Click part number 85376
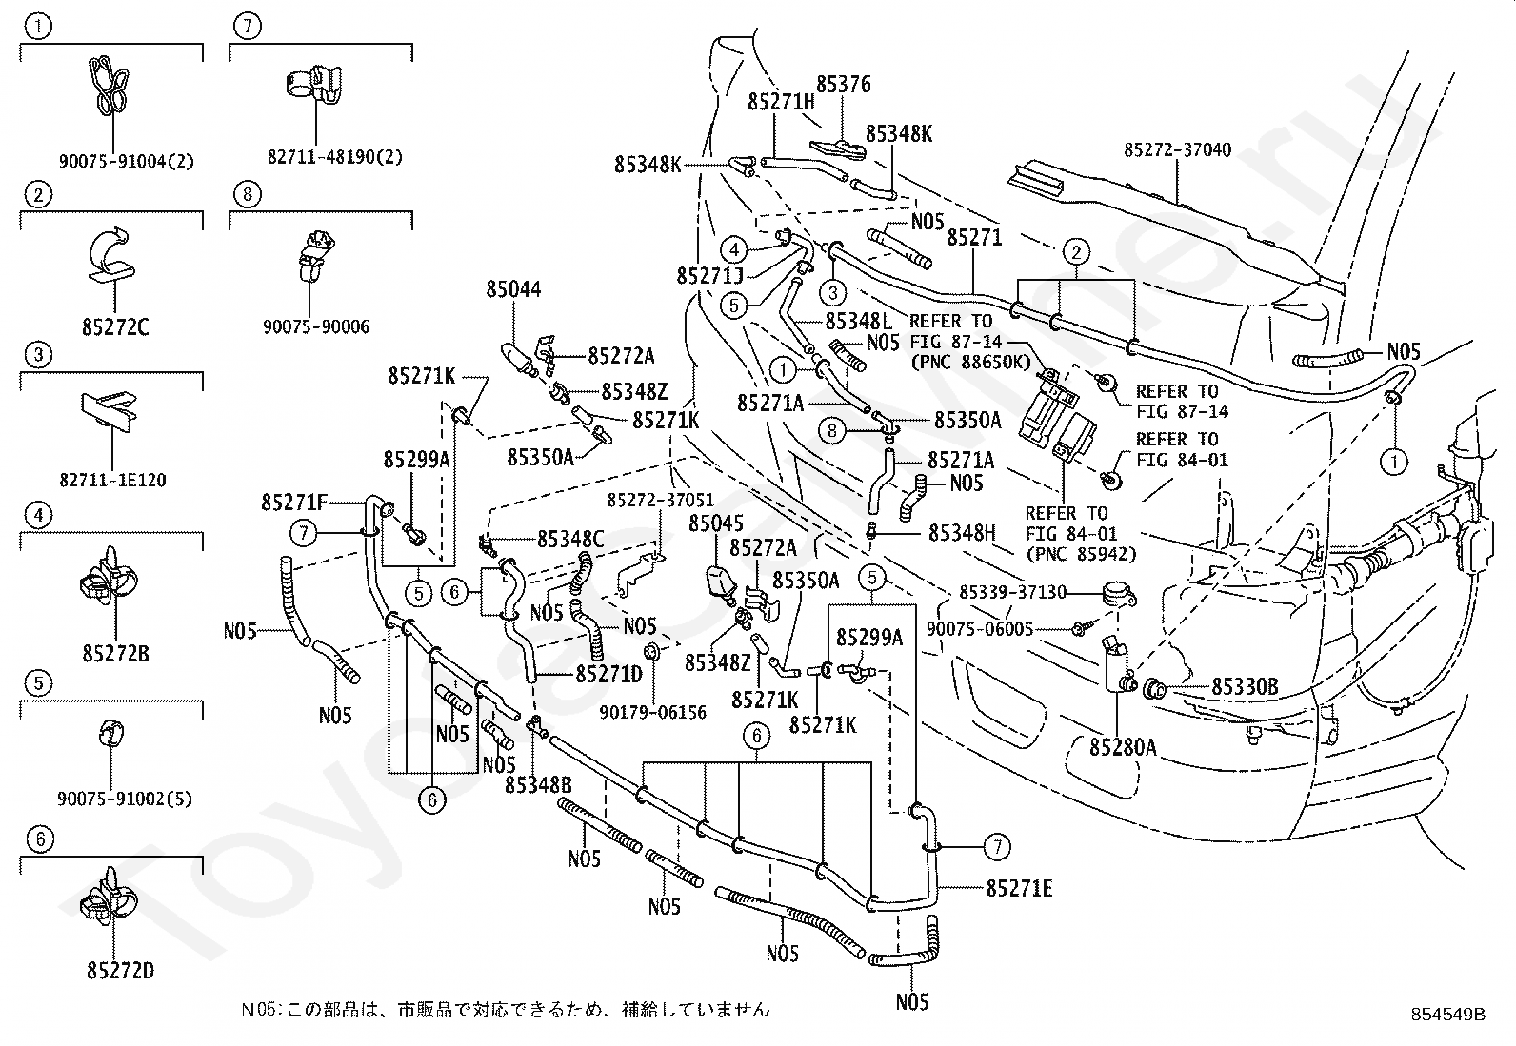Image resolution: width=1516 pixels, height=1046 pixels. tap(844, 85)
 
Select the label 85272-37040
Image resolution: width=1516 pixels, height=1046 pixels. tap(1178, 149)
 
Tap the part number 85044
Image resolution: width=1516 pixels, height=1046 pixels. tap(513, 289)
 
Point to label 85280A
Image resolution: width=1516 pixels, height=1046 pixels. tap(1123, 748)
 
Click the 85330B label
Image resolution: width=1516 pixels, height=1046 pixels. tap(1245, 687)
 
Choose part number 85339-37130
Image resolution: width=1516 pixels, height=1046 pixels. tap(1012, 593)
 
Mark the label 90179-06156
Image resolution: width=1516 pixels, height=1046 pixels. tap(652, 713)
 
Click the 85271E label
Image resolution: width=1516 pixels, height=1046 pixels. tap(1019, 888)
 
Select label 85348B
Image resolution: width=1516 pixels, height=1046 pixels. tap(539, 785)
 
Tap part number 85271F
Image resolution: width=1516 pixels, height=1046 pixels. tap(294, 503)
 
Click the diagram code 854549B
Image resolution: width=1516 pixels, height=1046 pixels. tap(1448, 1015)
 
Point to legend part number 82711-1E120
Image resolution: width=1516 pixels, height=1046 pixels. tap(112, 481)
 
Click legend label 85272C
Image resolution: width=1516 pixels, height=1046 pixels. tap(115, 327)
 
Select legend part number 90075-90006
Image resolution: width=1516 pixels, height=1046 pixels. tap(316, 326)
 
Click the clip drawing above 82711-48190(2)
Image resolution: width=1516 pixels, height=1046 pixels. tap(312, 86)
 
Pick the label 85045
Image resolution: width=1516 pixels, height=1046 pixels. tap(716, 523)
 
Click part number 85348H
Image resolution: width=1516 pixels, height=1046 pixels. tap(962, 533)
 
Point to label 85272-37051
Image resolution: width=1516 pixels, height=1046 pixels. tap(661, 500)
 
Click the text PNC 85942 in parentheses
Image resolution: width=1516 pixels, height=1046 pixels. tap(1082, 554)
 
